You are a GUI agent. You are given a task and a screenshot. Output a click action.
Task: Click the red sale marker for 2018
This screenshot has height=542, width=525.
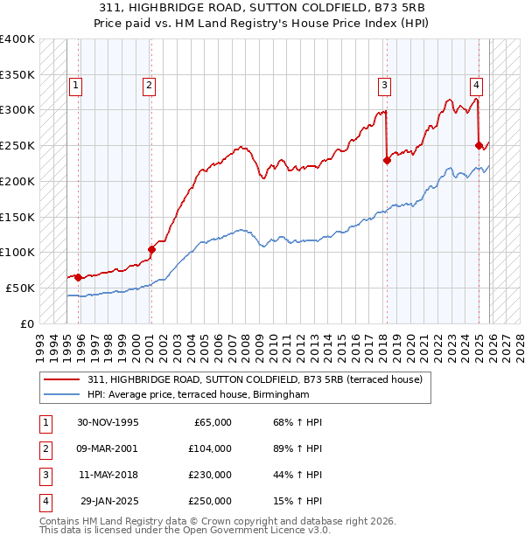pos(387,160)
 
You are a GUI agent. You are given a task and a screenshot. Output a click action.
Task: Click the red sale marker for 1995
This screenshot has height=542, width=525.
pos(79,277)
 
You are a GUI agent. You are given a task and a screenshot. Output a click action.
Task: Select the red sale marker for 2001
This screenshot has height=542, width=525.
pos(151,249)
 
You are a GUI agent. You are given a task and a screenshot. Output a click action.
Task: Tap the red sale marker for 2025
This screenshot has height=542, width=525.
pos(479,145)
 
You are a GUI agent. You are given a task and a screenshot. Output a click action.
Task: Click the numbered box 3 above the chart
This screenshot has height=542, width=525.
pos(383,86)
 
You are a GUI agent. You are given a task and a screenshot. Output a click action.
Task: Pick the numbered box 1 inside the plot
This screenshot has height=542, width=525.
pos(76,86)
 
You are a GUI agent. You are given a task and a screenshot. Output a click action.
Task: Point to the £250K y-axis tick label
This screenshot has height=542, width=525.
pos(17,145)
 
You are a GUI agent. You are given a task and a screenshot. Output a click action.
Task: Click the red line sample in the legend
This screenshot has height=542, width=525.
pos(63,379)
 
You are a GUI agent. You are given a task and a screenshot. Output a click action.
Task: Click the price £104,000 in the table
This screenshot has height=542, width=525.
pos(209,448)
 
